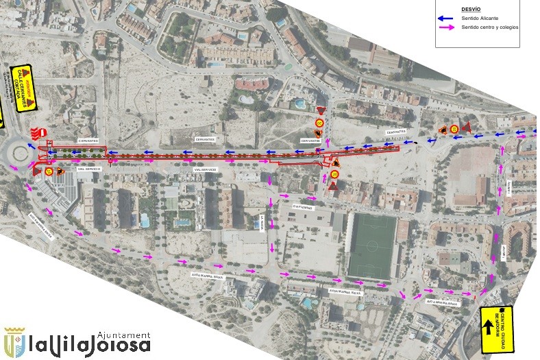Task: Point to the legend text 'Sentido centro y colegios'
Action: [490, 27]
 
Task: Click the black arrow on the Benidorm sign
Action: [489, 328]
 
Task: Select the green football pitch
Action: [372, 245]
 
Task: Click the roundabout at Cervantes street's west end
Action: [15, 152]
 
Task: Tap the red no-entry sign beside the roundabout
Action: [42, 132]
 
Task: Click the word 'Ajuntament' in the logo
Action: [124, 333]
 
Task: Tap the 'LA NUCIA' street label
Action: [261, 221]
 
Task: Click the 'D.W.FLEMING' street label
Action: [302, 205]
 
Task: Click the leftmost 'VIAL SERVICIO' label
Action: [90, 169]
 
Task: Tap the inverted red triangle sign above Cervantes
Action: [320, 110]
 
